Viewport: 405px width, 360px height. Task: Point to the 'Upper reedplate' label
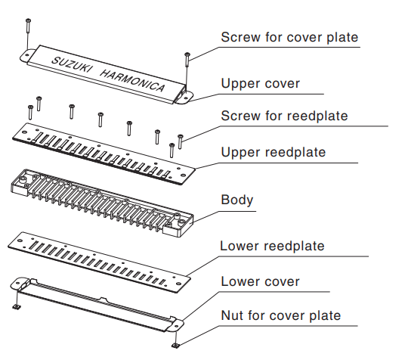point(273,152)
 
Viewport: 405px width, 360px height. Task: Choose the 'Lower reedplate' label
point(272,246)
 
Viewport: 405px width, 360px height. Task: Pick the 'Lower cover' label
point(260,281)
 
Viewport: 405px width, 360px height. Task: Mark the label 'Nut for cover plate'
point(280,315)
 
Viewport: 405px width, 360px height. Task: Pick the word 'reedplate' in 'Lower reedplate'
point(291,246)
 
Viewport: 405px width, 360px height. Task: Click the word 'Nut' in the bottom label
point(232,315)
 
